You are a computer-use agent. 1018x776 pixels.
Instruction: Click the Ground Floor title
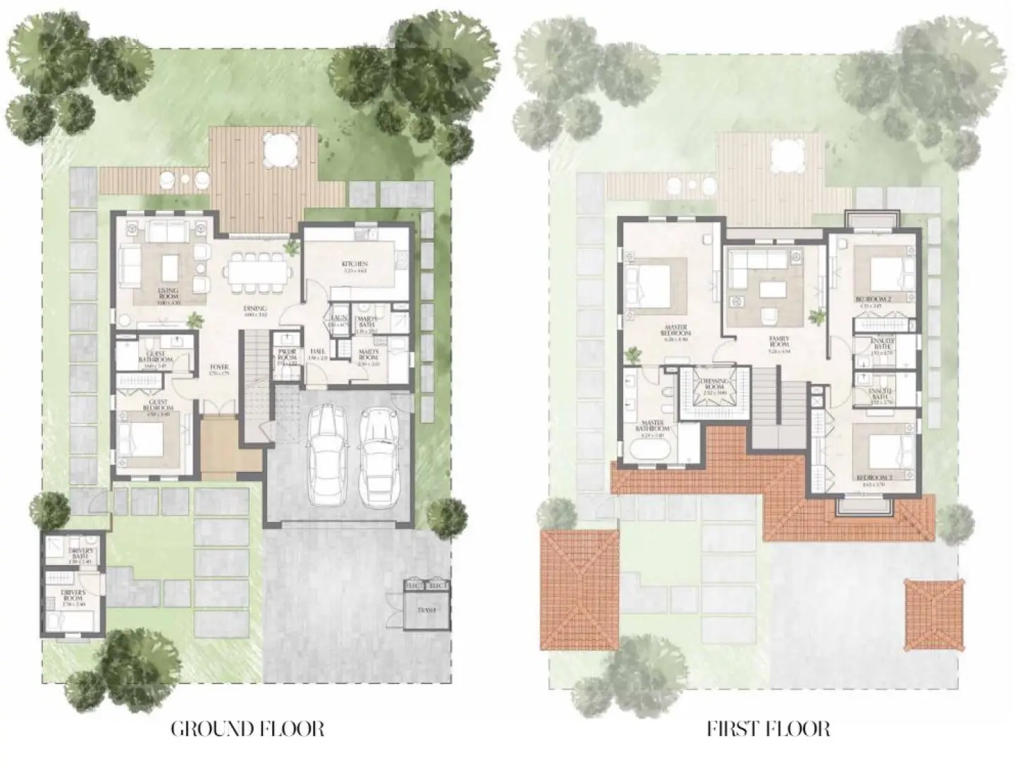tap(247, 728)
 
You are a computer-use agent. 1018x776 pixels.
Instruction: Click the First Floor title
tap(768, 728)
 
